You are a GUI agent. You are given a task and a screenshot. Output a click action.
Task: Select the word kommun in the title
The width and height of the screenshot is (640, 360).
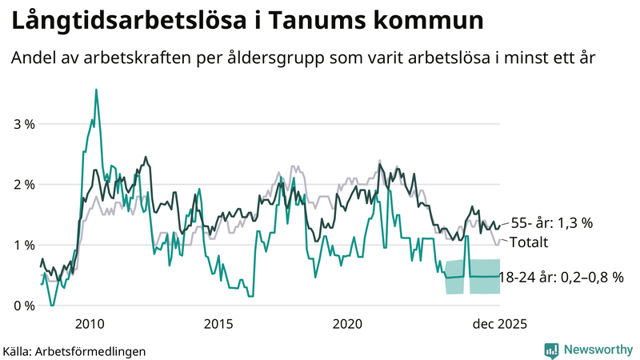tap(432, 22)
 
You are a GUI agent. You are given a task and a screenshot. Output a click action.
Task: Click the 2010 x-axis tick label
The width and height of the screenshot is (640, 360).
tap(90, 323)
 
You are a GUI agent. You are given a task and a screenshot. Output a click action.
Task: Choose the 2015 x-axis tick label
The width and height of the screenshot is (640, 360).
tap(218, 323)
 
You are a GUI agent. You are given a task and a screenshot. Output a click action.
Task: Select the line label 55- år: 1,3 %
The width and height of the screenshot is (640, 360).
tap(553, 223)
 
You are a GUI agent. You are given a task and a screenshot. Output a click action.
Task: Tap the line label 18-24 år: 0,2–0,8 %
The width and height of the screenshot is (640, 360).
tap(561, 278)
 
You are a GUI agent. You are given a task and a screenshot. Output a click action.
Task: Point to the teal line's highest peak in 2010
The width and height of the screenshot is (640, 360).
tap(97, 90)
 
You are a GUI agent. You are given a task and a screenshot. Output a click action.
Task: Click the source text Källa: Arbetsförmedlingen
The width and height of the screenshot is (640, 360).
tap(74, 350)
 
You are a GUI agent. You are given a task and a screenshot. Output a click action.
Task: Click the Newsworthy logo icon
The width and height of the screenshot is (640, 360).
tap(551, 350)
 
